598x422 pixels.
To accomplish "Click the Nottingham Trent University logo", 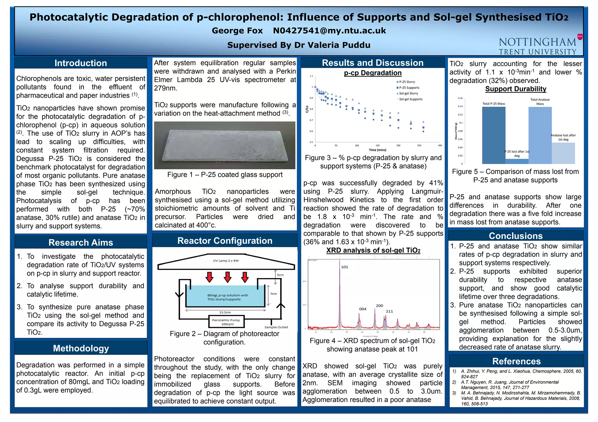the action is tap(540, 46).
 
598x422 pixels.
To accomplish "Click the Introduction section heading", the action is tap(81, 63).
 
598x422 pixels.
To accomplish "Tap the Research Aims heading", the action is tap(81, 243).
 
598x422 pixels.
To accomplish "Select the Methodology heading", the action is tap(81, 348).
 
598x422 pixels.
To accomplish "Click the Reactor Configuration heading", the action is tap(225, 241).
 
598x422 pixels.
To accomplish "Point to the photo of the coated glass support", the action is tap(225, 145).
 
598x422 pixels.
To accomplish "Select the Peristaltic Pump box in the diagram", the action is tap(226, 322).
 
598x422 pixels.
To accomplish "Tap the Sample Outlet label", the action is tap(276, 327).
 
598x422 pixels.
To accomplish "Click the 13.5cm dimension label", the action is tap(225, 312).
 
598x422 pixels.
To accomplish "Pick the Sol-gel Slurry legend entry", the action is tap(408, 93).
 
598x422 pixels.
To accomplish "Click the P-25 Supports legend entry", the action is tap(409, 88).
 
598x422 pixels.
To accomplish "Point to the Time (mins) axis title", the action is tap(377, 150).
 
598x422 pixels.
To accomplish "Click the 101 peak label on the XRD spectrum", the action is tap(345, 267).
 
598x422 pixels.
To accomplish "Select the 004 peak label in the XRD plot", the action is tap(363, 309).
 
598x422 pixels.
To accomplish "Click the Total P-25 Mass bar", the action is tap(493, 135).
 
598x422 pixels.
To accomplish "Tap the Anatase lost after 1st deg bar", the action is tap(563, 153).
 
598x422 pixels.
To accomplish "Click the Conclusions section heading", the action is tap(516, 236).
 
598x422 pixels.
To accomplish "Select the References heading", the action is tap(516, 361).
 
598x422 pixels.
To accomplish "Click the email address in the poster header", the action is tap(329, 31).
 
